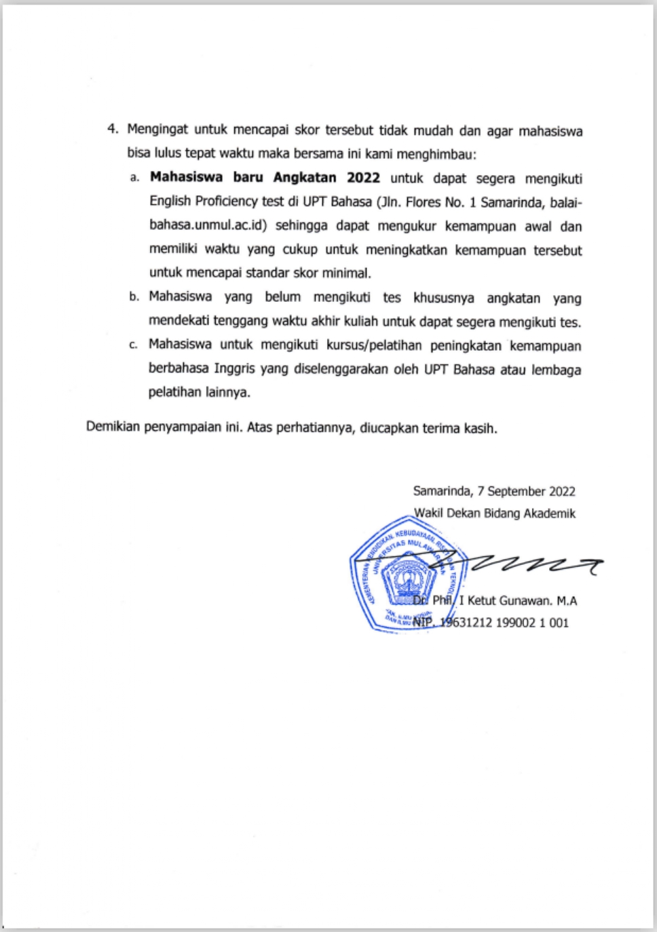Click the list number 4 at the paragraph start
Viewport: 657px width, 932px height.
[112, 130]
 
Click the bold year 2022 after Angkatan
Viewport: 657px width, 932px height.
[363, 178]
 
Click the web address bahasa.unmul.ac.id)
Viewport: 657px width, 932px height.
[208, 225]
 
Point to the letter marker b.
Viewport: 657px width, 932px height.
[134, 297]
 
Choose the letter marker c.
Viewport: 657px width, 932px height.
[133, 345]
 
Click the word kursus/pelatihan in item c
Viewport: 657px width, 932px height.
[367, 345]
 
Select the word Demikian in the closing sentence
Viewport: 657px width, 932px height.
[113, 427]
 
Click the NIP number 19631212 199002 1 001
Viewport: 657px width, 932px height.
[504, 623]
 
